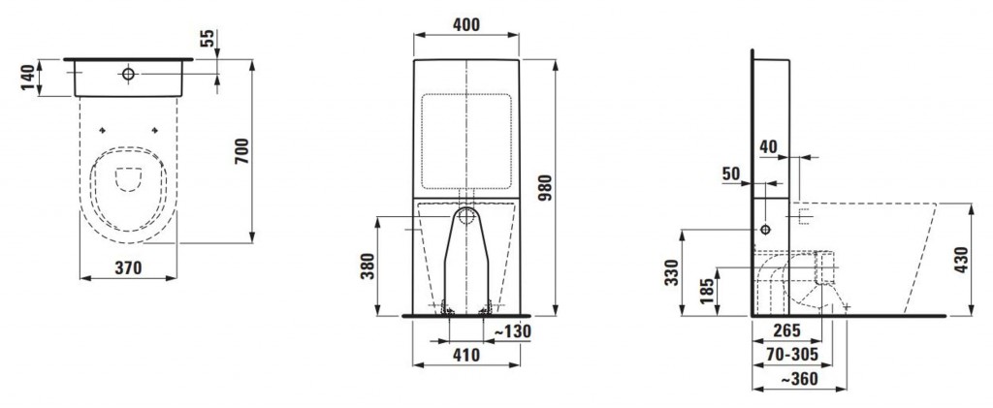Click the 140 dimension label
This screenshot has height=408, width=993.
tap(28, 78)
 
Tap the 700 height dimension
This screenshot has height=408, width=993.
tap(241, 151)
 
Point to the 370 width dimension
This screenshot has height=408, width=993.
tap(128, 267)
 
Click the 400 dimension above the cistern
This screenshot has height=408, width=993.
tap(466, 24)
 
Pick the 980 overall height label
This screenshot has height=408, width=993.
tap(545, 188)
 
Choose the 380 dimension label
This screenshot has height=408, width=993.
tap(367, 267)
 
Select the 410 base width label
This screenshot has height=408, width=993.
tap(466, 356)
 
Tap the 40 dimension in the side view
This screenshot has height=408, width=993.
tap(768, 146)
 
